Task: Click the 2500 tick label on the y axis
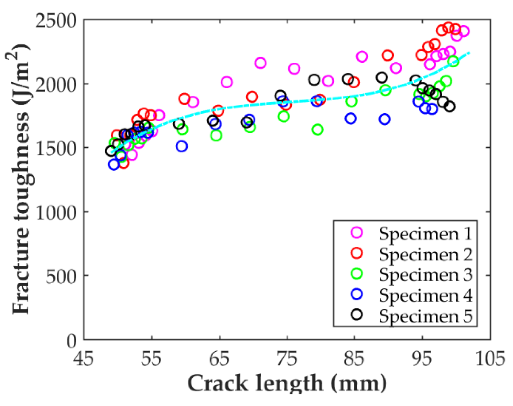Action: [55, 21]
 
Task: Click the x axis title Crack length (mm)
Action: [287, 384]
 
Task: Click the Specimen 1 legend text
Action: [425, 234]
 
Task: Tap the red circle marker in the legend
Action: [357, 253]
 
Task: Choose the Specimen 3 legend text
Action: [426, 275]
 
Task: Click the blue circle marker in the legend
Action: [357, 294]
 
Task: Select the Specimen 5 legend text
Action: [426, 316]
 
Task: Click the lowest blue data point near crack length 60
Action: [181, 146]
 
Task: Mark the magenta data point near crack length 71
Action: [260, 63]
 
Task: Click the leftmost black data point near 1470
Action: [111, 151]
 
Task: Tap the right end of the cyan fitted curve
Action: [469, 52]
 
